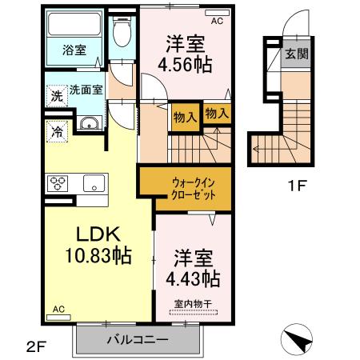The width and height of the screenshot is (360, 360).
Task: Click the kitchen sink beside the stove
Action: click(x=94, y=183)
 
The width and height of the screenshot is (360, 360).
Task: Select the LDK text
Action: click(x=97, y=235)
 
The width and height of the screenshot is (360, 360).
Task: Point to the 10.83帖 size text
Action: click(x=97, y=258)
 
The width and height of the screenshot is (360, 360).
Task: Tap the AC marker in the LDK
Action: click(x=59, y=309)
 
